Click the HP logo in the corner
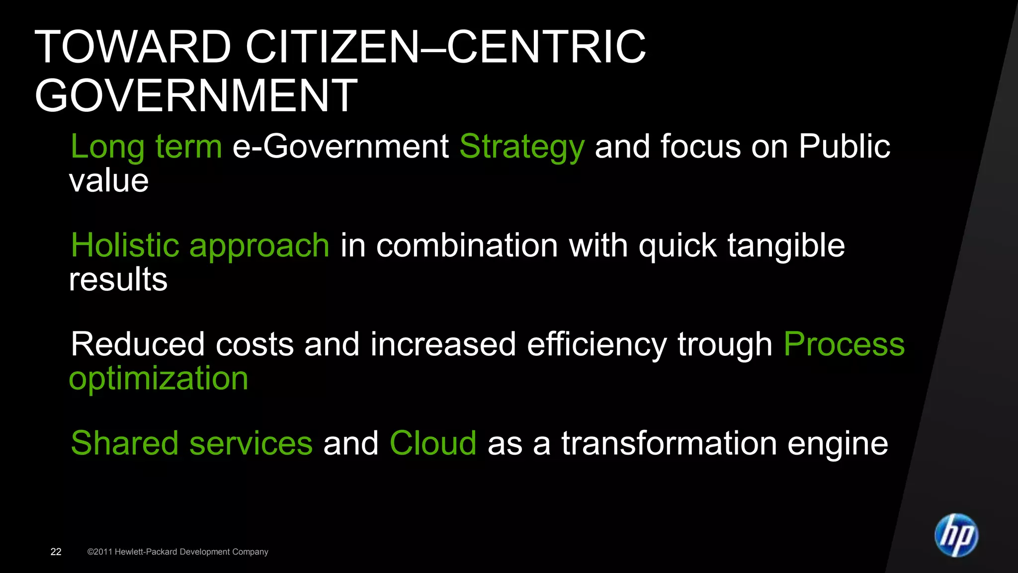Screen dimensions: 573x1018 pos(956,535)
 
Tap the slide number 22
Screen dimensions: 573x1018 pos(56,552)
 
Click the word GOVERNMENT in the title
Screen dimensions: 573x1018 pos(196,95)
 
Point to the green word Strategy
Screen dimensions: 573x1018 pos(522,147)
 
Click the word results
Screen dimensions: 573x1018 pos(118,279)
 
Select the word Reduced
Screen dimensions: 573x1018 pos(138,344)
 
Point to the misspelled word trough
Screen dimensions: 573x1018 pos(725,345)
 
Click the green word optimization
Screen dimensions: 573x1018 pos(159,379)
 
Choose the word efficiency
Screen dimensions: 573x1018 pos(596,344)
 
